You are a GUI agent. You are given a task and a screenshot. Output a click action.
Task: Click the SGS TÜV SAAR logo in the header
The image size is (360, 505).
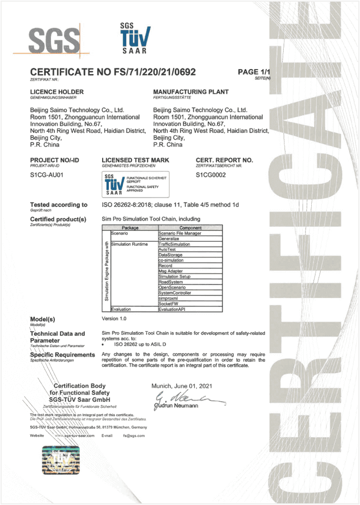(x=134, y=39)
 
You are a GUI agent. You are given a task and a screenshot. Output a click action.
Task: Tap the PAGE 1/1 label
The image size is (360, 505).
(x=253, y=72)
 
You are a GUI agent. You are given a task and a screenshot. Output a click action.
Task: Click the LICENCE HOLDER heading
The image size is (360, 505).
(x=57, y=91)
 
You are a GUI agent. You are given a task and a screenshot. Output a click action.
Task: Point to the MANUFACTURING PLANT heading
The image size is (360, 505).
(x=191, y=91)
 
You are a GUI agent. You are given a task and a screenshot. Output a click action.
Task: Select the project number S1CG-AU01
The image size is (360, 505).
(x=47, y=175)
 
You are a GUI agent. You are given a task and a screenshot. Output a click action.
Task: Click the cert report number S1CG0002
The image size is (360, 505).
(x=210, y=175)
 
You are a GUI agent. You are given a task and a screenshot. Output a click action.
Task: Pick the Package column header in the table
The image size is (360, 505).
(x=130, y=228)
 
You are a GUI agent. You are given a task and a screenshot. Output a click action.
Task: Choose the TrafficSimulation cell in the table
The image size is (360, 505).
(x=174, y=244)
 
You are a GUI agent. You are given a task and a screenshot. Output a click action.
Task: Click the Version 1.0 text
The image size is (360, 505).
(x=114, y=318)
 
